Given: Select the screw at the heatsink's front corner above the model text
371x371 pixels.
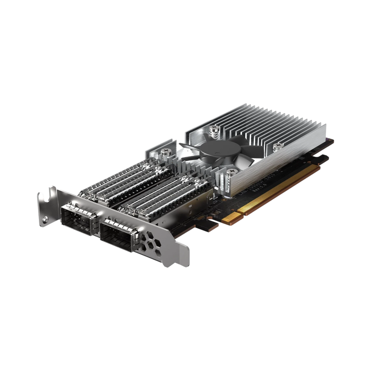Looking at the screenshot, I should coord(233,172).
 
